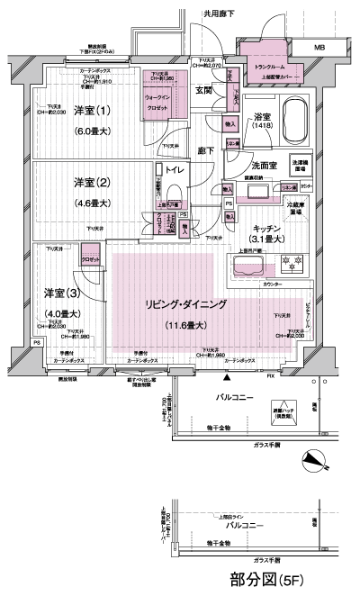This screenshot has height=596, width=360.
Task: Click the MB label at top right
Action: [319, 46]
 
